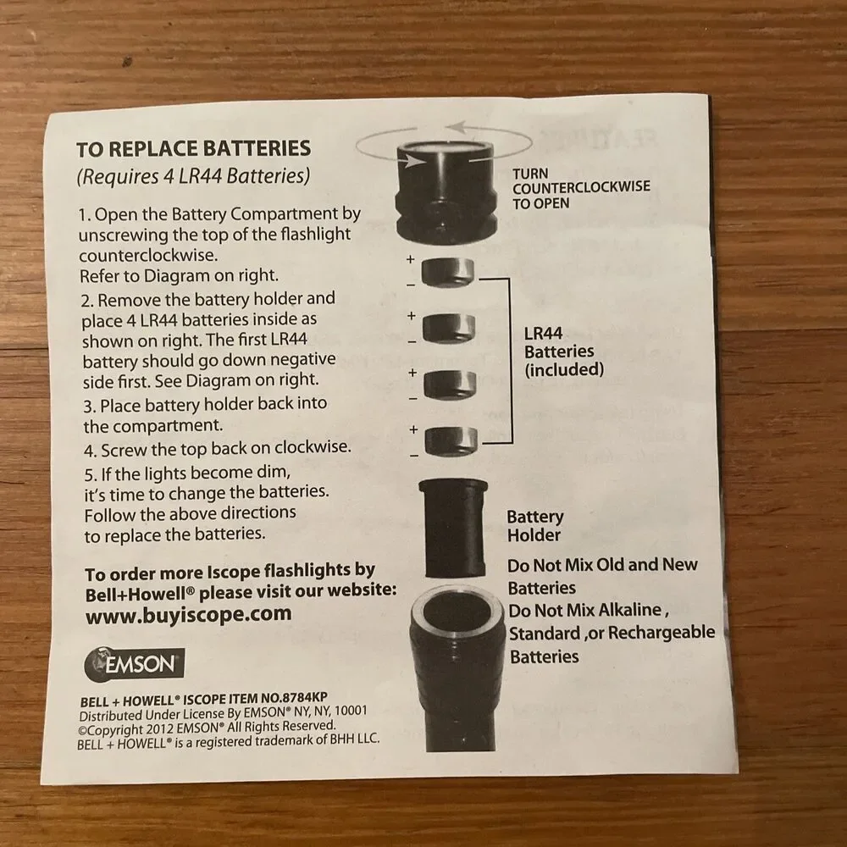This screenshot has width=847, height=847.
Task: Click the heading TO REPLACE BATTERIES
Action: pos(193,149)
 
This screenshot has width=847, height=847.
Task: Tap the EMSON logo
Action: pos(135,663)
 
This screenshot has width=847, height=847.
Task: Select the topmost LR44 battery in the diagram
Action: pos(448,272)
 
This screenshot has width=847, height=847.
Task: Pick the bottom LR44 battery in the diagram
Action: pos(451,440)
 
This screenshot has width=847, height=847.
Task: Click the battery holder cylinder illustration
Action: pos(453,528)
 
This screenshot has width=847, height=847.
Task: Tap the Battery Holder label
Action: pos(534,526)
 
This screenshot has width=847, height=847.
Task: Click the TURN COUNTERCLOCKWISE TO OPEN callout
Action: pos(581,189)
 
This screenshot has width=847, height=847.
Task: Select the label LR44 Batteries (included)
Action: pos(563,352)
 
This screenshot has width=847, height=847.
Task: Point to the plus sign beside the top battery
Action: pos(411,259)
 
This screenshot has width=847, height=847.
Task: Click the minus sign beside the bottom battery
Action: pos(414,456)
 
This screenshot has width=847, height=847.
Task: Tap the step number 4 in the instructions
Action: pos(89,451)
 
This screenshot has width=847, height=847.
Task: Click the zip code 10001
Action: pos(352,710)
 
